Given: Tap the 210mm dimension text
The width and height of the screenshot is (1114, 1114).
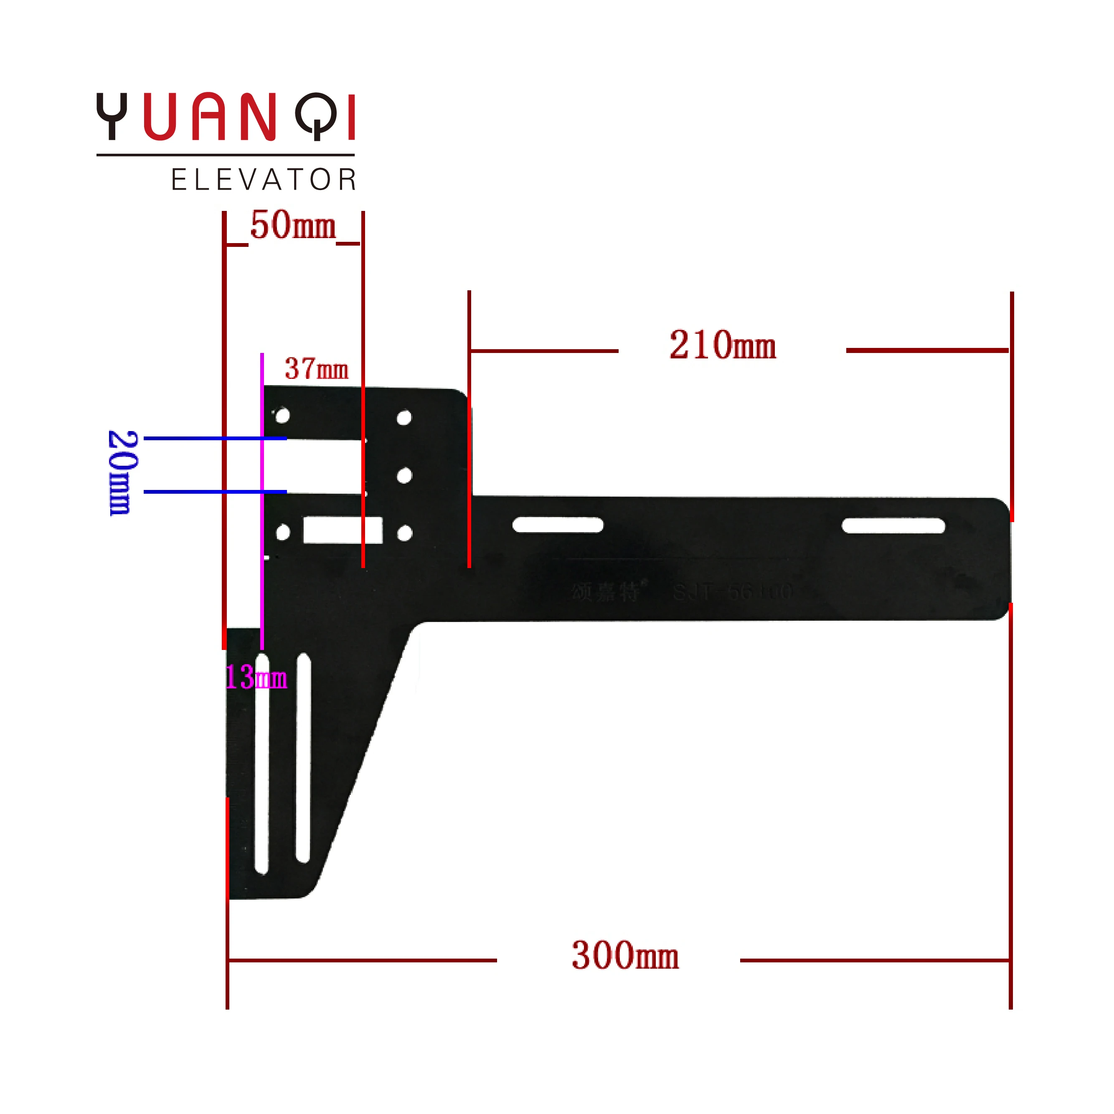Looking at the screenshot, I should (723, 345).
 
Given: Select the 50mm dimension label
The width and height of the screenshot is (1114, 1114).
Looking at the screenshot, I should (293, 226).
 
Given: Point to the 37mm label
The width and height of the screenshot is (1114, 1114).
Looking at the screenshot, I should (317, 369).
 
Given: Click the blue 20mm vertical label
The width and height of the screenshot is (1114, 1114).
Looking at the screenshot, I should (122, 473).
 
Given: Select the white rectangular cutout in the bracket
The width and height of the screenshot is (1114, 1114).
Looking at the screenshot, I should (343, 530).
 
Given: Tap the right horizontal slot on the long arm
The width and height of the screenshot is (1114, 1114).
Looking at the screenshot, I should (893, 526).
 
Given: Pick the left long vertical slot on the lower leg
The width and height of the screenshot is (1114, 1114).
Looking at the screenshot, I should (262, 764).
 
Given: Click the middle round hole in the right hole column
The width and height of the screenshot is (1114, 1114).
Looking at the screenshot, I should (405, 476).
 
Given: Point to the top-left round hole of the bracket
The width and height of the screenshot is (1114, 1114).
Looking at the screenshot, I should (282, 416).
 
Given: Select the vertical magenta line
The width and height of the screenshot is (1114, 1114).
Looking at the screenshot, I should (262, 502).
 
